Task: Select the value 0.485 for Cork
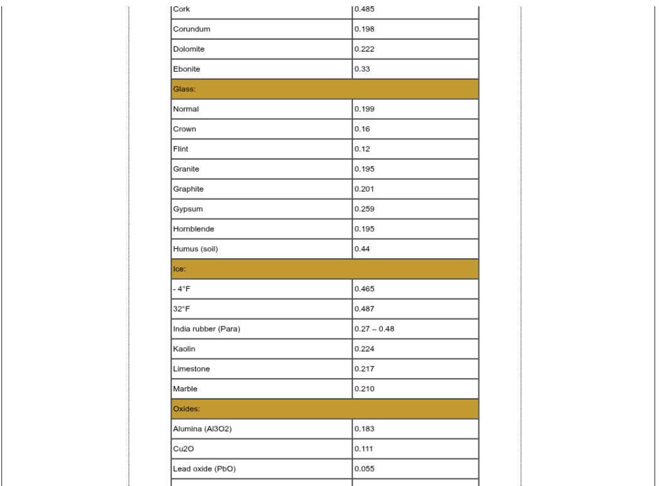[x=364, y=9]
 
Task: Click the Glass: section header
[x=182, y=89]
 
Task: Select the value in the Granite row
[x=364, y=170]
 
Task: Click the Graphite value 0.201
[x=364, y=188]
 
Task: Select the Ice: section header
[x=179, y=269]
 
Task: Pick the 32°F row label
[x=181, y=309]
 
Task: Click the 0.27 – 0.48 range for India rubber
[x=374, y=329]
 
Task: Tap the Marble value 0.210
[x=364, y=389]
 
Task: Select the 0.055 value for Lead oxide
[x=364, y=469]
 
